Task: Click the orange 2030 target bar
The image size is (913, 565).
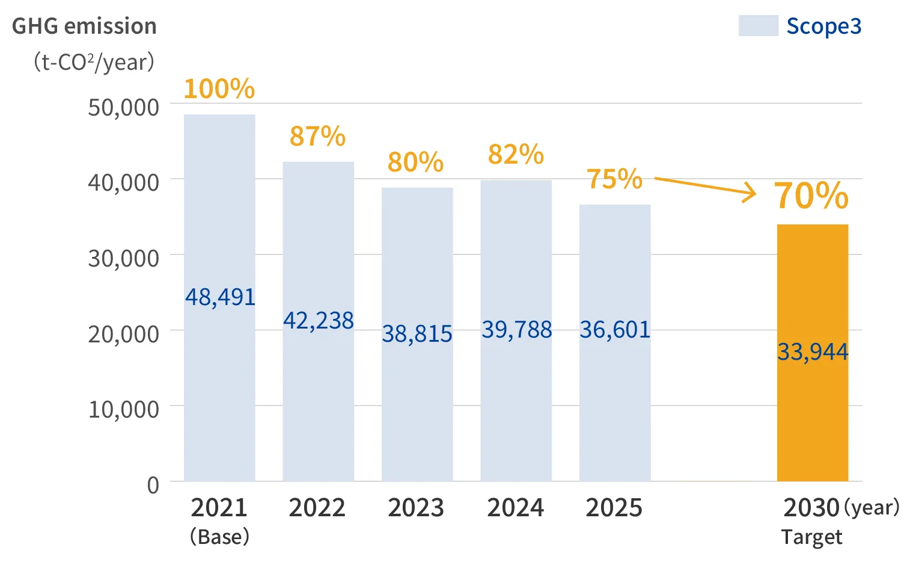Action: [x=813, y=353]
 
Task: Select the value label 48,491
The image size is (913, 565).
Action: [x=220, y=297]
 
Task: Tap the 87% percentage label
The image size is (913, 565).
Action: [x=317, y=136]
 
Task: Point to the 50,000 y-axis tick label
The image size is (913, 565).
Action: [x=123, y=108]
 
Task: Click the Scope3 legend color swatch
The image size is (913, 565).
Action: [x=758, y=26]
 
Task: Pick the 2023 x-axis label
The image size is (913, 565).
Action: [x=416, y=508]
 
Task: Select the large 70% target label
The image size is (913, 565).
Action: [x=811, y=196]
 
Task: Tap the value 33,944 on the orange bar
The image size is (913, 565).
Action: [x=813, y=351]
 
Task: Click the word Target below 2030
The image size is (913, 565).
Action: [x=811, y=537]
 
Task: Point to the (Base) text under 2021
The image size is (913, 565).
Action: [x=220, y=537]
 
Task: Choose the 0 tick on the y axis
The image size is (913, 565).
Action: [x=153, y=486]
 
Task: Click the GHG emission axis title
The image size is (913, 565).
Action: [x=84, y=26]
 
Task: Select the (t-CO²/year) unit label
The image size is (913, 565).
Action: [x=94, y=62]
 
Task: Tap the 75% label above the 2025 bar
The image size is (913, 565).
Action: [x=614, y=179]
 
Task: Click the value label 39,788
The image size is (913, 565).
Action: [x=517, y=330]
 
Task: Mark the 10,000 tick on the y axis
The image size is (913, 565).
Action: [x=123, y=410]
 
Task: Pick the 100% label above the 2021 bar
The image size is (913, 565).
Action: [x=219, y=88]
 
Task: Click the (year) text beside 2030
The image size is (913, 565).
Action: [x=872, y=507]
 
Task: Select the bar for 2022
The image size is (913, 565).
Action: [x=319, y=321]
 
